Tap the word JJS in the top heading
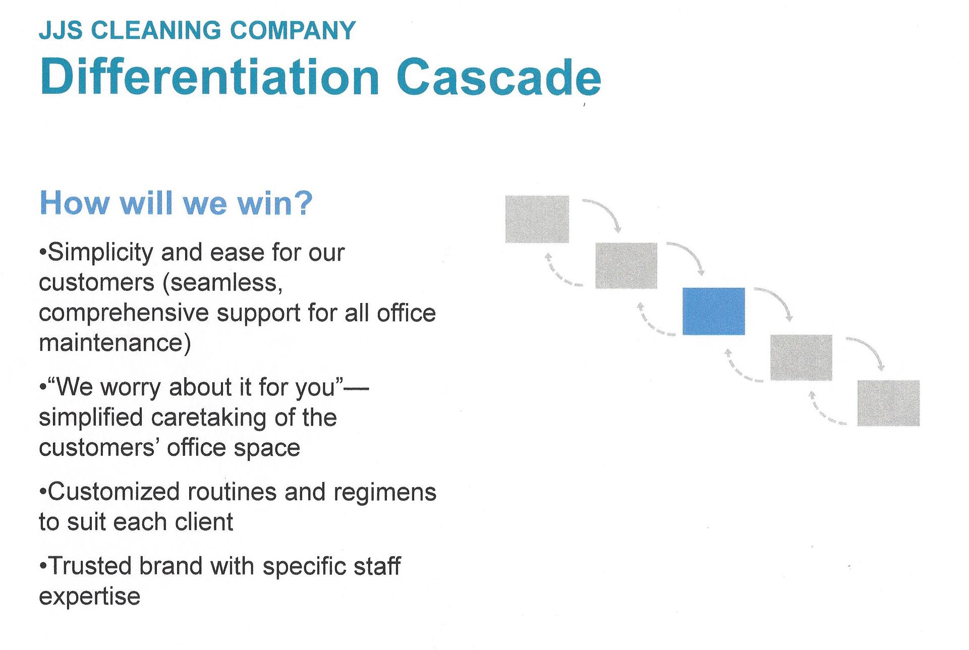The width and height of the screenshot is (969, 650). coord(61,31)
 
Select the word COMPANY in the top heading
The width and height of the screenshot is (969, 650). coord(293,31)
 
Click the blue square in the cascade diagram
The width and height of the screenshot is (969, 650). coord(713,311)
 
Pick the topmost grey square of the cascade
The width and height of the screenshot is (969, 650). coord(537,219)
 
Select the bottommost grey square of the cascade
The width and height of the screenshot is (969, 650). coord(888,403)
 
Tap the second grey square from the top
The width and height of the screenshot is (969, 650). coord(626,265)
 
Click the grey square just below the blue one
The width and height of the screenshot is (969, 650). coord(801,357)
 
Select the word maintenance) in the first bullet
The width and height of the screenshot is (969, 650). coord(115,343)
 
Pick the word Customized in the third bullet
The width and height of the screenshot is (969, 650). coord(113,492)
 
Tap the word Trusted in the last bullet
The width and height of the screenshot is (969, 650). coord(91,566)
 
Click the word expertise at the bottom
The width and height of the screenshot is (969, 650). coord(89,597)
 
